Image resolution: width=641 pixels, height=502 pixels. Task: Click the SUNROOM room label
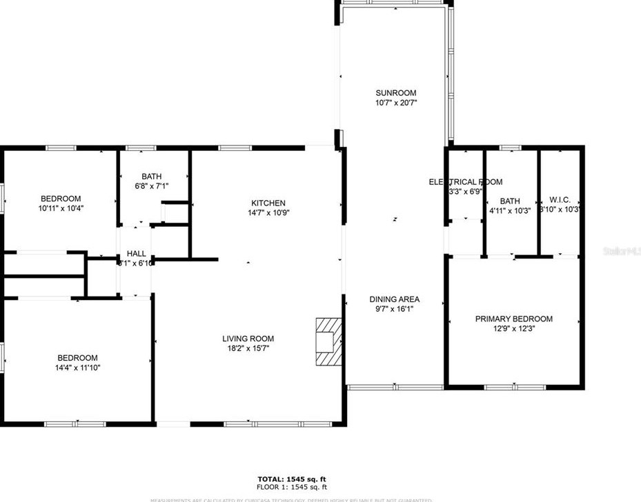coord(395,93)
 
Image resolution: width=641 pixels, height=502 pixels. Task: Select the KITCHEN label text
coord(268,203)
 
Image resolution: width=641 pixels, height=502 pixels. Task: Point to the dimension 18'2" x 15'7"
coord(248,349)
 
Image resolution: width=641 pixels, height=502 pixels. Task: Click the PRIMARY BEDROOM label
coord(513,319)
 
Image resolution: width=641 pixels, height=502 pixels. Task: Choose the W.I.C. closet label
coord(560,200)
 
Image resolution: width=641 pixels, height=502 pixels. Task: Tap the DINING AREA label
coord(394,300)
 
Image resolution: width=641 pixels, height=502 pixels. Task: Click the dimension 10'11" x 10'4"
coord(61,208)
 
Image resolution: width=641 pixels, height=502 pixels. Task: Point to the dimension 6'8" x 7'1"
coord(151,185)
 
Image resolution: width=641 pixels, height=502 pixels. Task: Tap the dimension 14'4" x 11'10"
coord(77,368)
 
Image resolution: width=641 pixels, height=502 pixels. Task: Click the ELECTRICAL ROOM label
coord(466,182)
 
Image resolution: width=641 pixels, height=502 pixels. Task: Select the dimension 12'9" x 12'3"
coord(513,329)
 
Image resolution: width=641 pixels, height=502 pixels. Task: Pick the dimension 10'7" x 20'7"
coord(395,103)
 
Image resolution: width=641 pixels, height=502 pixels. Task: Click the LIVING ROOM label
coord(248,339)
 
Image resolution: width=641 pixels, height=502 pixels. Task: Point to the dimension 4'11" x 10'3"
coord(510,211)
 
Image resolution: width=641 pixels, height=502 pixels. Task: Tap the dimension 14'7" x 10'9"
coord(268,213)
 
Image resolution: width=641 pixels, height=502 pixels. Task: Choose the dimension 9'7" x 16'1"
coord(394,310)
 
